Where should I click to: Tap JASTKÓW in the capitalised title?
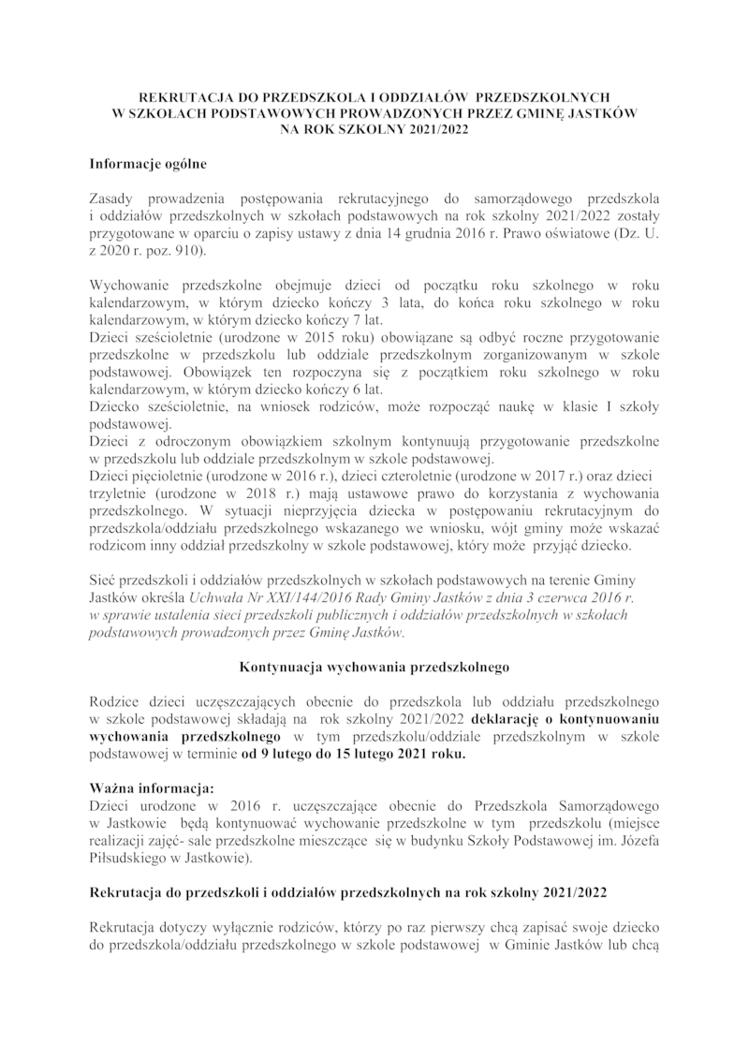[x=598, y=112]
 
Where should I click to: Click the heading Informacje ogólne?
[x=147, y=164]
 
